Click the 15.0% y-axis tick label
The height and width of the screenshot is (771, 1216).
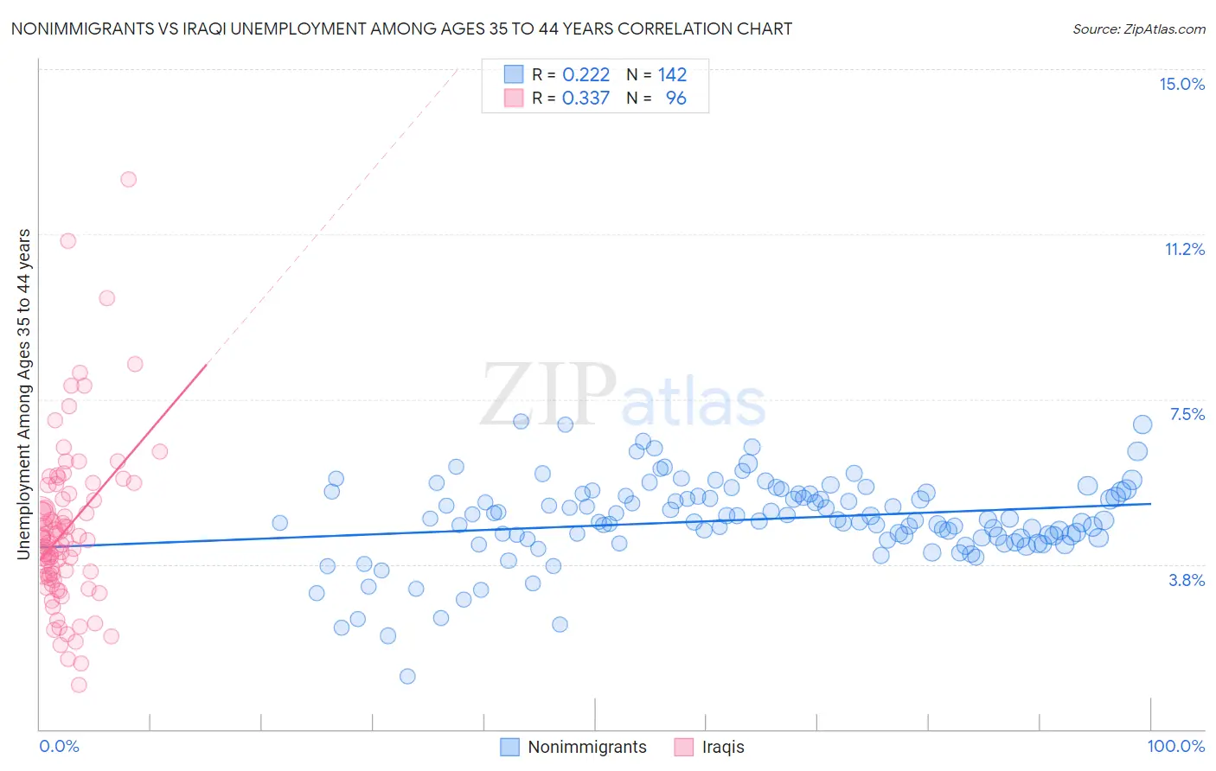click(x=1181, y=84)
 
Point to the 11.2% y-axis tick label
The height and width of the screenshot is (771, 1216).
click(x=1184, y=249)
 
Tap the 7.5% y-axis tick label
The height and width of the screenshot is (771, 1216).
click(x=1187, y=414)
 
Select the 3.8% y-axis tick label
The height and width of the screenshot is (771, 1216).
click(x=1187, y=580)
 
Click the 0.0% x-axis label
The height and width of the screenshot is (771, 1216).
click(x=59, y=746)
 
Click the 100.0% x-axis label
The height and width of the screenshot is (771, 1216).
click(x=1175, y=746)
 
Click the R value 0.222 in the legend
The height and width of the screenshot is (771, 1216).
click(x=586, y=74)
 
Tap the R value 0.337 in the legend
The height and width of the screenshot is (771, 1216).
click(x=586, y=98)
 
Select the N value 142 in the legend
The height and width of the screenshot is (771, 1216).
click(x=672, y=74)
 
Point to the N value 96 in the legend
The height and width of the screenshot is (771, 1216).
click(x=675, y=98)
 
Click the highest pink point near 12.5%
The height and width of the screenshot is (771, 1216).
click(x=128, y=180)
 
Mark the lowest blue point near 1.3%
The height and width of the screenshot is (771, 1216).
click(x=407, y=676)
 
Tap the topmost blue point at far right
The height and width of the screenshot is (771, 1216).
click(x=1142, y=424)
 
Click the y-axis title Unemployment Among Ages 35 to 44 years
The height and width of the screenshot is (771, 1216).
click(x=24, y=393)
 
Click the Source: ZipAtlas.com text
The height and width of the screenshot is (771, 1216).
click(x=1138, y=29)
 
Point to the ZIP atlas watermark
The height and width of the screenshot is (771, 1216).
click(x=623, y=396)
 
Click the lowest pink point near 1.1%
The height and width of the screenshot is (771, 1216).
click(x=79, y=685)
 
